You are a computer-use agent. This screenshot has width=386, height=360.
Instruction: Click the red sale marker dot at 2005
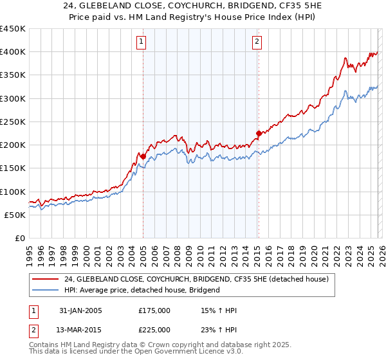point(142,156)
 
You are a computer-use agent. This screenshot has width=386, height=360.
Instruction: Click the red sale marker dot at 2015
point(258,133)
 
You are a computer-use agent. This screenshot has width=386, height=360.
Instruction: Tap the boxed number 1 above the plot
point(141,42)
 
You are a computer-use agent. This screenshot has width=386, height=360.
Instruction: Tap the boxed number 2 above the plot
point(257,42)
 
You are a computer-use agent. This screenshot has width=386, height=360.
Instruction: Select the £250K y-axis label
point(13,122)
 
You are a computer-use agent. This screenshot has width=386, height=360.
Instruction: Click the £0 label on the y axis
point(19,238)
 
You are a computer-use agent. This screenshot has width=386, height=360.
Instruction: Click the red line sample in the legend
point(46,279)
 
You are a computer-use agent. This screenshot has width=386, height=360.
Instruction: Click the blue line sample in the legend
point(46,290)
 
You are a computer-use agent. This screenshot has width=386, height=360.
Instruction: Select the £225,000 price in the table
point(154,330)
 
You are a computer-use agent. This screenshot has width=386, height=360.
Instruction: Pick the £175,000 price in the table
point(154,310)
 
